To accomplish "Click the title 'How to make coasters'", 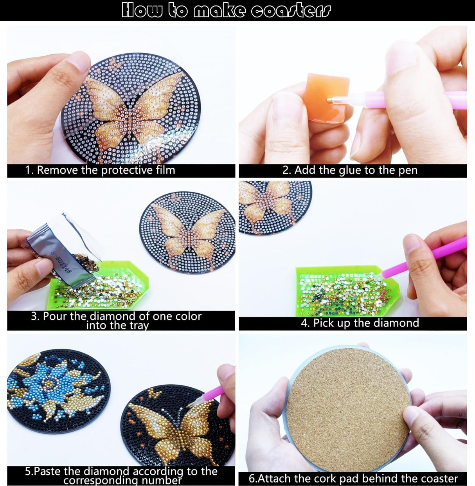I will click(226, 10).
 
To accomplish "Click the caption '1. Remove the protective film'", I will click(100, 170).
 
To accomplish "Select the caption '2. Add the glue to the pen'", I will click(350, 170).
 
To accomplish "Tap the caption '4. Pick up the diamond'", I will click(360, 323).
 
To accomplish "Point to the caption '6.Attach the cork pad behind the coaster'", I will click(353, 478).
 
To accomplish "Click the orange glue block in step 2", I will click(326, 96).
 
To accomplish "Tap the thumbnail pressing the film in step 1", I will click(80, 61).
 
